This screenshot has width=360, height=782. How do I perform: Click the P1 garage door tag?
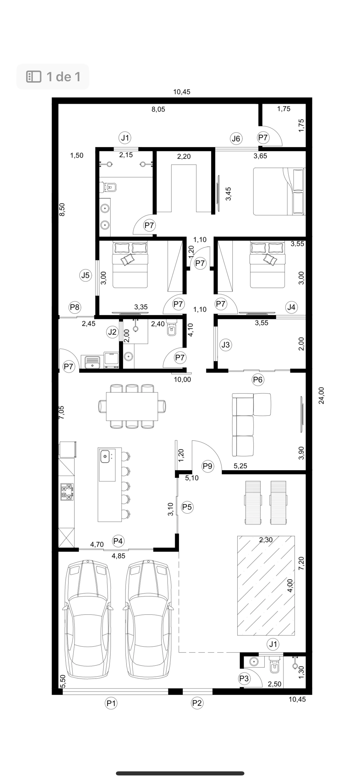coord(111,703)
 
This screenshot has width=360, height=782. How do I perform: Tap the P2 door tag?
coord(197,703)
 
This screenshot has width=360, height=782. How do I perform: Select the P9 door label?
coord(208,466)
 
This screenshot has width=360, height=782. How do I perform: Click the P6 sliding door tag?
coord(258,380)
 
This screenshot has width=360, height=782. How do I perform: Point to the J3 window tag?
coord(226,345)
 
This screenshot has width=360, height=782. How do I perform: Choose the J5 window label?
coord(85,275)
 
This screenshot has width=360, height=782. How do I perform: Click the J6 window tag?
coord(236,139)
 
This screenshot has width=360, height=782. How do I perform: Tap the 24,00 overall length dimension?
coord(321,396)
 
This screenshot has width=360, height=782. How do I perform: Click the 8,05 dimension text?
coord(158,109)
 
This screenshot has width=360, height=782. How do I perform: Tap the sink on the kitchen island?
coord(105,456)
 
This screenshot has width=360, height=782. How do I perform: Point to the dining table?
coord(132,406)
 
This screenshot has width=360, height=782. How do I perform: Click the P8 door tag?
coord(75,307)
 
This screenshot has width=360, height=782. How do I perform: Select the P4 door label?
coord(118,541)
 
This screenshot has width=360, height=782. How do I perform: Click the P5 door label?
coord(187,507)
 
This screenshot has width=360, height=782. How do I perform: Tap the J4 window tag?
coord(291,307)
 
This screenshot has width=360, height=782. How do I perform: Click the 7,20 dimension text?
coord(301,563)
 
